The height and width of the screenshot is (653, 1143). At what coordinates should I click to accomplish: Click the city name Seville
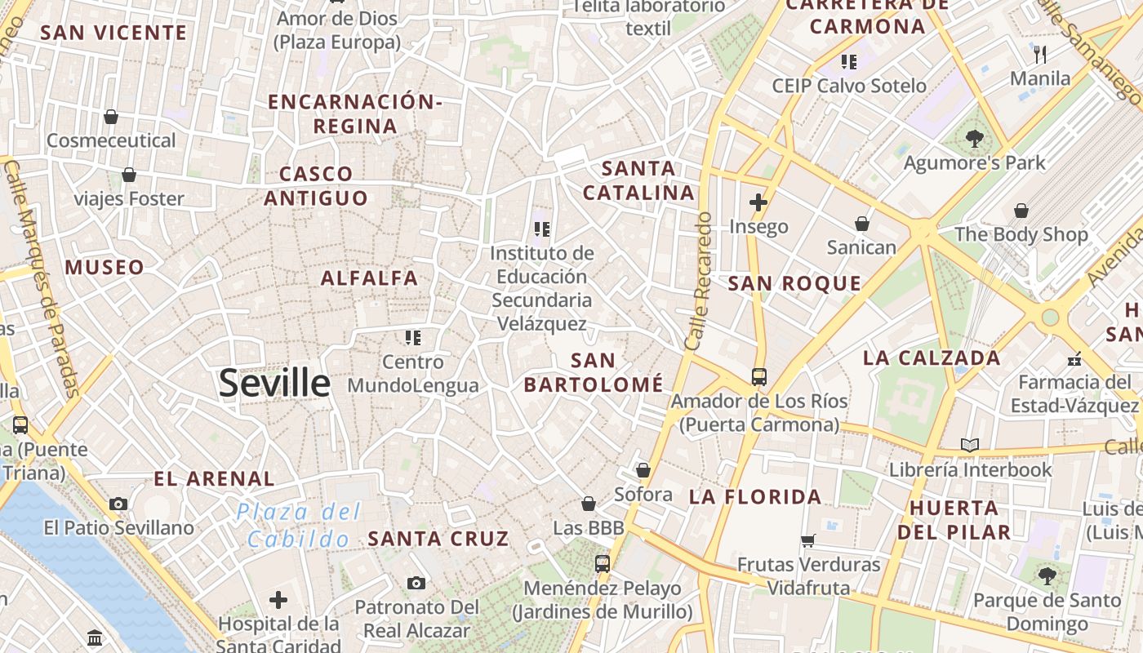click(x=274, y=383)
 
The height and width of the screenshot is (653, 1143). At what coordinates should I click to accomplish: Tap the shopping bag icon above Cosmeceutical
click(x=111, y=117)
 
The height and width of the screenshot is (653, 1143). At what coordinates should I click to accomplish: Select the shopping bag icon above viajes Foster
click(x=129, y=175)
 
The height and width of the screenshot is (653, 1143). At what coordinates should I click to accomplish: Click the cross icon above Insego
click(x=758, y=202)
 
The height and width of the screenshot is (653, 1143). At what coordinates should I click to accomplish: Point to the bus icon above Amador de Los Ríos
click(x=759, y=377)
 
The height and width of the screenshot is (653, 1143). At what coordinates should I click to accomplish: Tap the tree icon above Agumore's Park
click(x=974, y=138)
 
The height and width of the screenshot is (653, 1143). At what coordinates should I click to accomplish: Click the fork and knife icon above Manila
click(x=1040, y=55)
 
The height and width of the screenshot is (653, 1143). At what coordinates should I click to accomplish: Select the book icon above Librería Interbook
click(x=970, y=445)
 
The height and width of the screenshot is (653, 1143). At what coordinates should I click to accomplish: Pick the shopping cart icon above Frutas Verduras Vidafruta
click(x=807, y=540)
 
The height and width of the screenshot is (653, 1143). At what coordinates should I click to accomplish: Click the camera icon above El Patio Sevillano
click(x=119, y=504)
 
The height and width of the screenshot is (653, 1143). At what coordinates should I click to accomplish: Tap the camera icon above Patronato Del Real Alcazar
click(x=416, y=583)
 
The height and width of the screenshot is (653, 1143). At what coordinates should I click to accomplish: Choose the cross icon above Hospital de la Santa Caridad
click(x=278, y=600)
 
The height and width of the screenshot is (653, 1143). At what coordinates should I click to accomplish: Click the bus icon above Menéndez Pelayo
click(x=603, y=563)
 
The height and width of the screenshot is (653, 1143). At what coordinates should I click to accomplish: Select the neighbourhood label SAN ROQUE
click(x=794, y=283)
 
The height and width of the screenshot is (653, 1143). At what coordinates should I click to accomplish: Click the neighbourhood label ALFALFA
click(x=369, y=278)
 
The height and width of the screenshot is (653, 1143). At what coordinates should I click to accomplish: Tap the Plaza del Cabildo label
click(x=299, y=526)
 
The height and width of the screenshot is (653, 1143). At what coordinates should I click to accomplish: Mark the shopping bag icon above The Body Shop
click(x=1021, y=211)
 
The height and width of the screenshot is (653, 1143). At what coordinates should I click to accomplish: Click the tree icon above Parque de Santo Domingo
click(x=1047, y=575)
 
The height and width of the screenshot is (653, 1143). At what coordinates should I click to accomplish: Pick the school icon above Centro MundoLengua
click(x=413, y=337)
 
